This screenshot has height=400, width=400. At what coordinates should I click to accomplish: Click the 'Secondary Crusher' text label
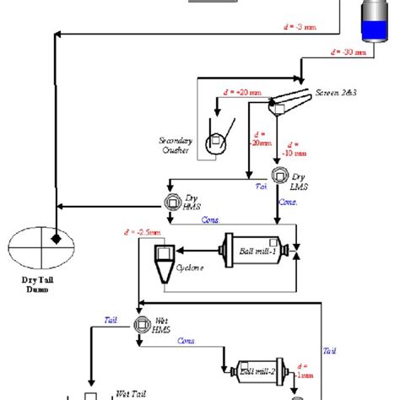coord(177,144)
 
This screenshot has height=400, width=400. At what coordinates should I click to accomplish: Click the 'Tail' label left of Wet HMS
coord(110,320)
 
